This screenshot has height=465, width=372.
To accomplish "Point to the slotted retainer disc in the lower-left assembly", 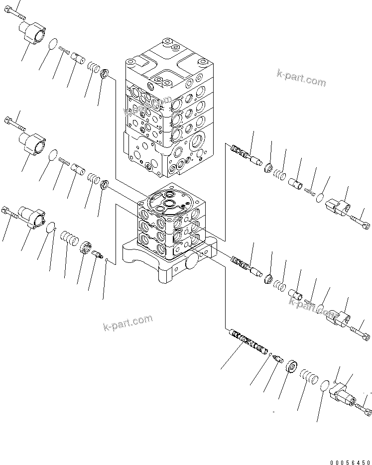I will tap(86, 247).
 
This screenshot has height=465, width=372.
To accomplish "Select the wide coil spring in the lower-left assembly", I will tap(69, 237).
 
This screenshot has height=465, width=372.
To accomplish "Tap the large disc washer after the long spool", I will tap(292, 368).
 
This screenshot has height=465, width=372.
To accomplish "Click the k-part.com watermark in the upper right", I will tap(302, 78).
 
